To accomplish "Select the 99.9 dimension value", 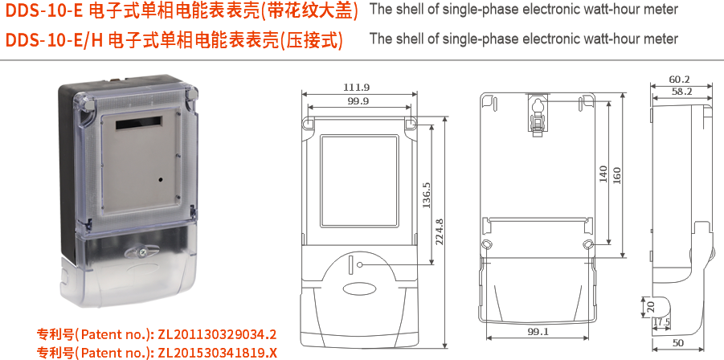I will [358, 101].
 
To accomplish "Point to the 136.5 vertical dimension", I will [427, 195].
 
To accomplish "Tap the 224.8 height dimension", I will [440, 232].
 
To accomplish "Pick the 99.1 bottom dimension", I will [538, 331].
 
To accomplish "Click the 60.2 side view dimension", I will [679, 80].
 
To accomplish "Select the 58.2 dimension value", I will [681, 92].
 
